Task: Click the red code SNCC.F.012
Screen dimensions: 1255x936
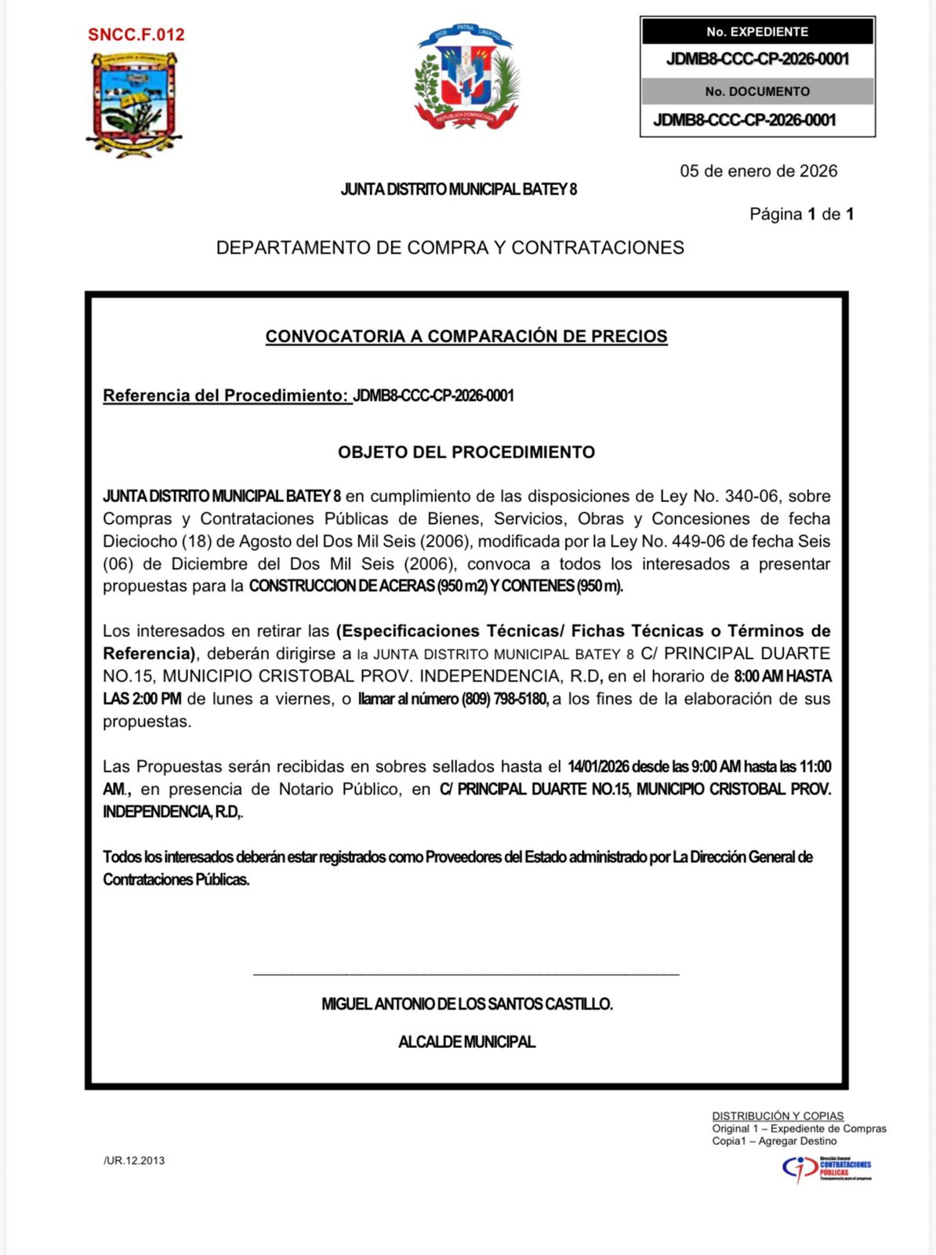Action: pyautogui.click(x=136, y=35)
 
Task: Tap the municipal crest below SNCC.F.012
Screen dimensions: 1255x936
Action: pyautogui.click(x=134, y=104)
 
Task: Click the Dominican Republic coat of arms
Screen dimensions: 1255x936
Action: pyautogui.click(x=466, y=77)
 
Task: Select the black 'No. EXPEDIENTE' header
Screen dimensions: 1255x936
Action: pyautogui.click(x=756, y=31)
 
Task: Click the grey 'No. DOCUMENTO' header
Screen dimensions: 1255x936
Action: pyautogui.click(x=756, y=91)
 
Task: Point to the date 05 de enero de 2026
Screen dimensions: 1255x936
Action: pyautogui.click(x=758, y=171)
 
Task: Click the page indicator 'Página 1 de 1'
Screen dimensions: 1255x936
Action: pyautogui.click(x=801, y=214)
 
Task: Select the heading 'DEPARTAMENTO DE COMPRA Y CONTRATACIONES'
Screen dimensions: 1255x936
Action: pyautogui.click(x=450, y=248)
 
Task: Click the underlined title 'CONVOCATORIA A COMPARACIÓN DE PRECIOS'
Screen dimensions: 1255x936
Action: pyautogui.click(x=466, y=336)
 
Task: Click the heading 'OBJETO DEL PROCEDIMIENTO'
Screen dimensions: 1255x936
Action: pyautogui.click(x=466, y=452)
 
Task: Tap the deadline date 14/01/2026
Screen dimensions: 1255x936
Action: pyautogui.click(x=598, y=766)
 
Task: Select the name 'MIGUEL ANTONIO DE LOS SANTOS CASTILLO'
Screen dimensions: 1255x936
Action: pyautogui.click(x=466, y=1004)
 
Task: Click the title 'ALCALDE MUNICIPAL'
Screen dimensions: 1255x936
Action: pyautogui.click(x=466, y=1042)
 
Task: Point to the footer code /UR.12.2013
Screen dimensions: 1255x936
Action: pyautogui.click(x=134, y=1161)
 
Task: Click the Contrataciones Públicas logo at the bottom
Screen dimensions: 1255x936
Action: pyautogui.click(x=826, y=1169)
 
